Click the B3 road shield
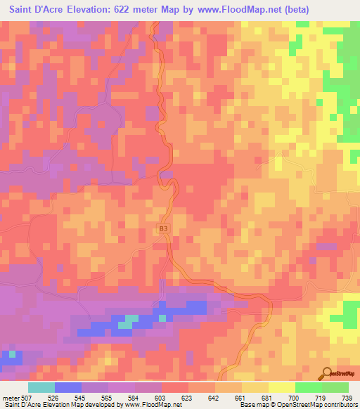pos(163,228)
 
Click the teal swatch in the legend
pos(41,387)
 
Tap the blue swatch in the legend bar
pos(68,387)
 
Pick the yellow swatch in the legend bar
pos(282,387)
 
